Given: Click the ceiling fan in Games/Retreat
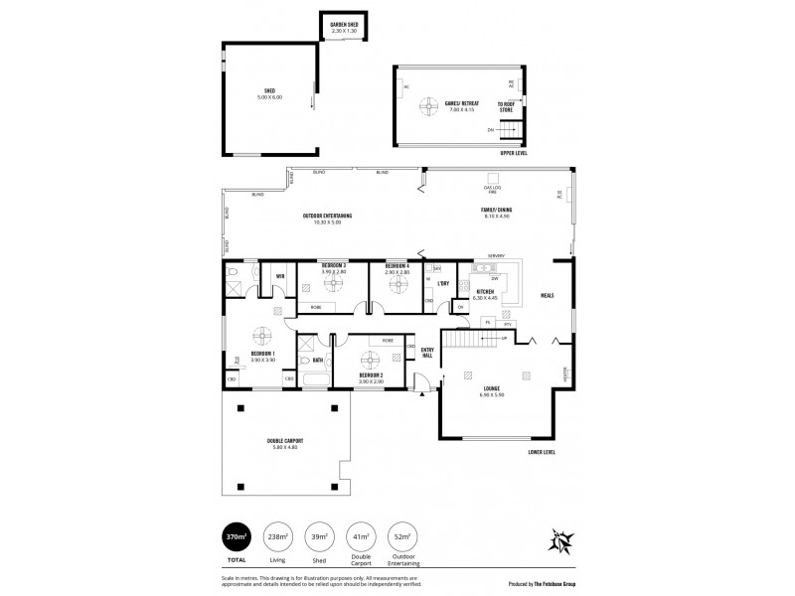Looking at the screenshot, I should [x=430, y=105].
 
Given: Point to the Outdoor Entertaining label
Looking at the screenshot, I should [x=327, y=219].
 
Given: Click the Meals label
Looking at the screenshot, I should [x=547, y=295].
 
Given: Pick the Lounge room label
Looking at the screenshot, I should [x=492, y=391].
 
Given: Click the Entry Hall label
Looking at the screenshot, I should [x=427, y=351].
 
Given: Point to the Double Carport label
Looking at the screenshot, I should [x=285, y=443].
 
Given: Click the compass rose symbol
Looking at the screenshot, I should [x=562, y=541].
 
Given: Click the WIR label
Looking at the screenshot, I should [x=280, y=276].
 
